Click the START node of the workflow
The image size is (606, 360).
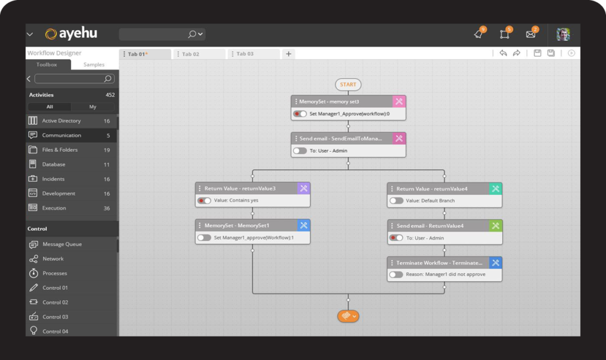click(348, 85)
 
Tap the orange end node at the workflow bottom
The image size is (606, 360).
click(348, 316)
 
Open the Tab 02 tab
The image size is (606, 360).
click(191, 54)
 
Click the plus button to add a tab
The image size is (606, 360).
click(288, 54)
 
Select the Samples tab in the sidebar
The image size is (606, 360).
click(94, 65)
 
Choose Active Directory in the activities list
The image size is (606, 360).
click(61, 121)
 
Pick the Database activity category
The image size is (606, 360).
click(54, 164)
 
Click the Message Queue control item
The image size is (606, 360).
click(62, 244)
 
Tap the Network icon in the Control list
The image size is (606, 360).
click(34, 259)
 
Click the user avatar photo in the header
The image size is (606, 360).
click(563, 34)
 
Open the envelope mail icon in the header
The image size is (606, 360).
click(531, 34)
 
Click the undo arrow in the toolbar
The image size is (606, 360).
click(503, 53)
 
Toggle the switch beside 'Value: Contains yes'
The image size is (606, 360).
click(204, 201)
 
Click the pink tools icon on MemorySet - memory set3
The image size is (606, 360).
click(399, 102)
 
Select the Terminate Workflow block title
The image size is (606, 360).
click(439, 263)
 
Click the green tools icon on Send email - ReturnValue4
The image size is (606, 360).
click(495, 225)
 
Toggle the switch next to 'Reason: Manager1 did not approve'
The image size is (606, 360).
click(396, 274)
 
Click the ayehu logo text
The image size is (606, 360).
click(78, 34)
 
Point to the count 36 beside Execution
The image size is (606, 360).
click(106, 208)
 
